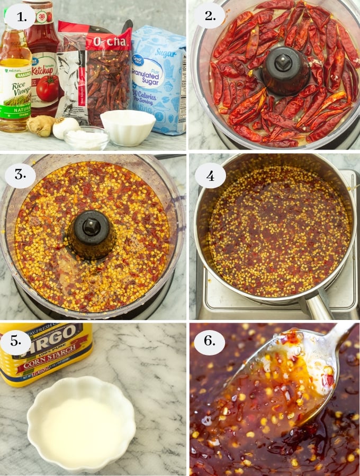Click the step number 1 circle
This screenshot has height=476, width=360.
pyautogui.click(x=20, y=20)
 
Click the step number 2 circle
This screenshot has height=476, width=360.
pyautogui.click(x=210, y=19)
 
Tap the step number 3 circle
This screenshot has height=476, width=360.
pyautogui.click(x=20, y=175)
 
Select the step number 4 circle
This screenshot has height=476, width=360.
pyautogui.click(x=210, y=176)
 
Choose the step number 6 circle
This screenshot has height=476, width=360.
pyautogui.click(x=210, y=343)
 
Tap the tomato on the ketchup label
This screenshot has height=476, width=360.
pyautogui.click(x=48, y=87)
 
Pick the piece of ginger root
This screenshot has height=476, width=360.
pyautogui.click(x=41, y=126)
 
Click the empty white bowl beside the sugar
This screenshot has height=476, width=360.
pyautogui.click(x=128, y=127)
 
